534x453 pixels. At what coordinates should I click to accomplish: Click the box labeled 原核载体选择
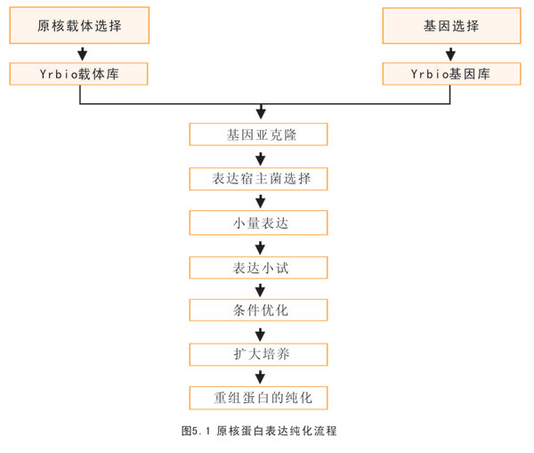coord(79,26)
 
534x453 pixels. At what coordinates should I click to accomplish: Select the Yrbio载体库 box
coord(78,74)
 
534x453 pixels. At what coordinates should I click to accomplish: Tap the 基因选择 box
coord(451,26)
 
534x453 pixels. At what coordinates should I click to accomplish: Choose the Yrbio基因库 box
coord(451,74)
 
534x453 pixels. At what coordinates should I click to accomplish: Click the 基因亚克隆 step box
coord(258,134)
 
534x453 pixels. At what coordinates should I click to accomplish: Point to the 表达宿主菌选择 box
coord(258,179)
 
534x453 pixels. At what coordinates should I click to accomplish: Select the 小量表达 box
coord(258,222)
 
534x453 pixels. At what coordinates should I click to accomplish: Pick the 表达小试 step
coord(258,268)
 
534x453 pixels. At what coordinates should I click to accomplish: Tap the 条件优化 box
coord(258,310)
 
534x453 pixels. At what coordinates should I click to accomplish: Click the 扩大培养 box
coord(258,354)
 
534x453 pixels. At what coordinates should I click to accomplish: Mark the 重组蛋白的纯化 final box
coord(258,398)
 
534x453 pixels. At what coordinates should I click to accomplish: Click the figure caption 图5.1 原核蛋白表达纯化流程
coord(259,431)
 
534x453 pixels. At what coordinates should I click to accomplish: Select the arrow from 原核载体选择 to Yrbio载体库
coord(82,53)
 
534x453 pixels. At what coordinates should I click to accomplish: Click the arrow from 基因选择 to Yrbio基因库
coord(451,53)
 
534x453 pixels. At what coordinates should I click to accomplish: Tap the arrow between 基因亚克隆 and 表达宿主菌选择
coord(261,158)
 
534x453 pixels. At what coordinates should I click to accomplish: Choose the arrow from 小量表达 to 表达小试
coord(260,248)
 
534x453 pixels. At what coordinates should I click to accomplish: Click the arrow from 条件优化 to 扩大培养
coord(260,335)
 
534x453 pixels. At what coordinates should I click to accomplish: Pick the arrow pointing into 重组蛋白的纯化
coord(260,377)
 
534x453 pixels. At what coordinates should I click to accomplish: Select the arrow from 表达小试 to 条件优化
coord(260,290)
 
